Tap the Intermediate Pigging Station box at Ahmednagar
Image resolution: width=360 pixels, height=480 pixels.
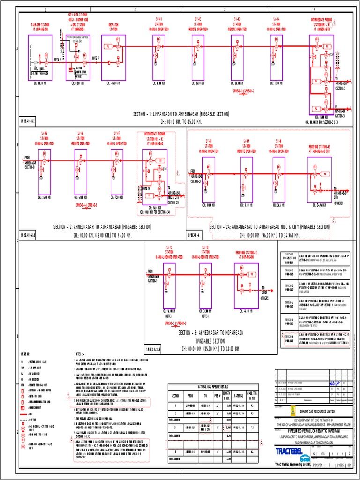[x=321, y=75]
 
